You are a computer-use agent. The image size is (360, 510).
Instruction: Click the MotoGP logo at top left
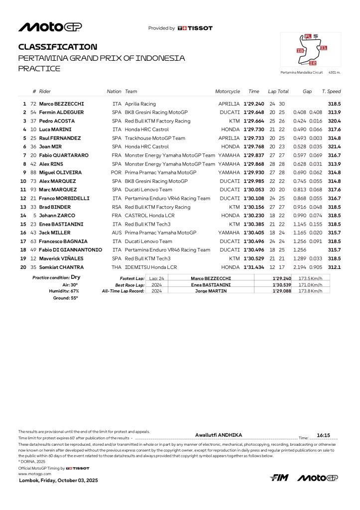[x=50, y=27]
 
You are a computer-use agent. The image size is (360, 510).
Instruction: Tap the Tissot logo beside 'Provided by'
[x=195, y=28]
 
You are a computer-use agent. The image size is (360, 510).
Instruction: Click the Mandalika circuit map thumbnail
[x=311, y=50]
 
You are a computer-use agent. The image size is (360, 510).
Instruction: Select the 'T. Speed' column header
[x=331, y=92]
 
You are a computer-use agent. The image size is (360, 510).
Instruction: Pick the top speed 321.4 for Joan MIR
[x=334, y=147]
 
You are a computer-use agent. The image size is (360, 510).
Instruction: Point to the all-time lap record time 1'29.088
[x=281, y=291]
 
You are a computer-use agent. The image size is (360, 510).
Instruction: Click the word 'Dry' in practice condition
[x=75, y=277]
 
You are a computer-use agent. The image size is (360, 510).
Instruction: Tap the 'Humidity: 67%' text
[x=64, y=290]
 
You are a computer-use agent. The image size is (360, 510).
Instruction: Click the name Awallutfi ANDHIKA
[x=219, y=435]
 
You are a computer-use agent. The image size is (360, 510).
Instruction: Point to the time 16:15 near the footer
[x=324, y=435]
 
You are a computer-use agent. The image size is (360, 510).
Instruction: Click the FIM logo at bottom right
[x=279, y=478]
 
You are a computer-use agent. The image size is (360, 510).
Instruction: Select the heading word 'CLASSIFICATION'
[x=58, y=47]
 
